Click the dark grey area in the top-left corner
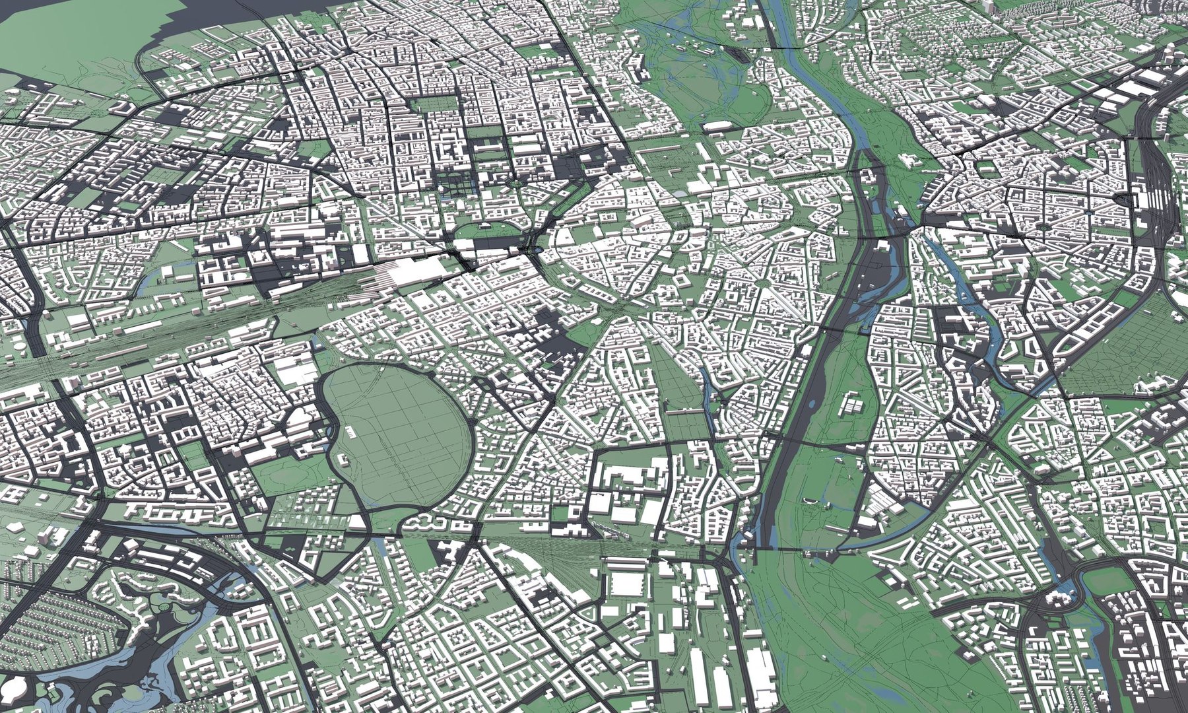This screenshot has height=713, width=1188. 40,26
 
